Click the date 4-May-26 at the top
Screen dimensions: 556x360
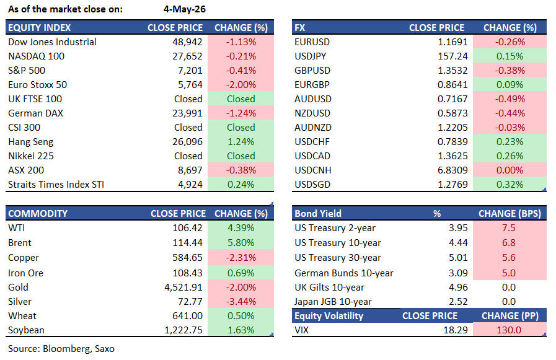click(x=184, y=9)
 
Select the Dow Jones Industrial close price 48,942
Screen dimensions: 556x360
click(x=187, y=42)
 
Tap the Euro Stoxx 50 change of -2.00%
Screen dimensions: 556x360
click(x=241, y=85)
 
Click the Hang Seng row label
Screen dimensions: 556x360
click(x=30, y=142)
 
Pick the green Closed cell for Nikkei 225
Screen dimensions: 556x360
click(x=241, y=156)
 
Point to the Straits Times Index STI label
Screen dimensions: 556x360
click(x=56, y=184)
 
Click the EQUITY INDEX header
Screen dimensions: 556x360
click(x=39, y=28)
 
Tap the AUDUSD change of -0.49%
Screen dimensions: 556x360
click(x=510, y=99)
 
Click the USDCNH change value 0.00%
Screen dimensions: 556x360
click(x=510, y=170)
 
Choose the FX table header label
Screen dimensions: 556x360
click(x=299, y=28)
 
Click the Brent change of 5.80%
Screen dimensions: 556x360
click(x=241, y=243)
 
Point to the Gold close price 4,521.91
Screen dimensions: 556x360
click(x=183, y=288)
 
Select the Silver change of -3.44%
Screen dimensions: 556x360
click(x=241, y=302)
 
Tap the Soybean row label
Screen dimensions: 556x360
click(x=26, y=330)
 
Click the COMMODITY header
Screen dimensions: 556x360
click(x=38, y=213)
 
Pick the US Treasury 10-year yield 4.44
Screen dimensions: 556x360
click(x=458, y=243)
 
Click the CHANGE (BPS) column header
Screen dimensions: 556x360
click(x=510, y=213)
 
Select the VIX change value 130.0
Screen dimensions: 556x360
click(x=509, y=330)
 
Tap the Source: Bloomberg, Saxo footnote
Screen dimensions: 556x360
click(x=61, y=349)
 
